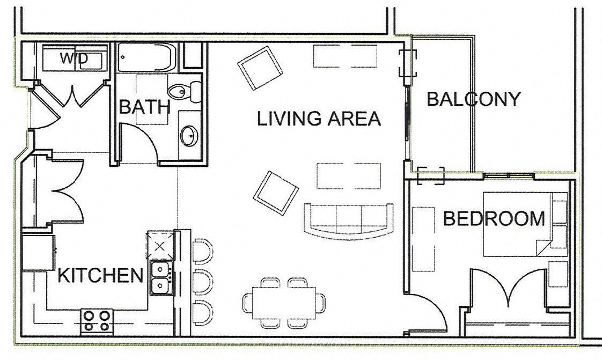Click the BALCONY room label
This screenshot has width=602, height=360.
473,99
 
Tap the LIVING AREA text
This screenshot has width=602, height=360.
319,119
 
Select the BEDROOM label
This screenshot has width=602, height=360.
494,219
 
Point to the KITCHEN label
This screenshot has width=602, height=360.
100,276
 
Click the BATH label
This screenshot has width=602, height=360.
144,107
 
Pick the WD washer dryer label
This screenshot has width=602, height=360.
74,58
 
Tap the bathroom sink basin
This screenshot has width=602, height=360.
189,136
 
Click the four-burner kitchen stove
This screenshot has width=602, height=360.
98,320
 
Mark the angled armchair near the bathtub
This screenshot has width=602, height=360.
260,68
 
